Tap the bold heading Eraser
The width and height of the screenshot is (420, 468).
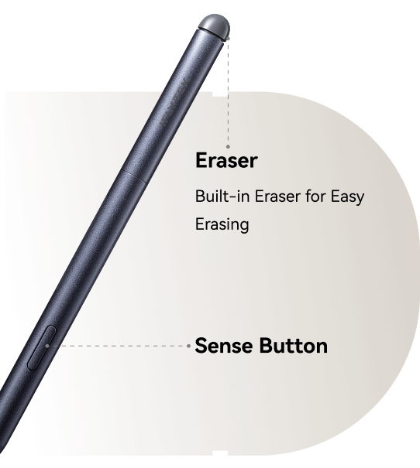pos(226,160)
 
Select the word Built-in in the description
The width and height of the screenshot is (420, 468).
pos(222,196)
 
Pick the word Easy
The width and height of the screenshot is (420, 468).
pos(347,197)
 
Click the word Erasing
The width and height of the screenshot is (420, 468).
pos(222,224)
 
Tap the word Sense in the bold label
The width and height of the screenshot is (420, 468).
pos(224,346)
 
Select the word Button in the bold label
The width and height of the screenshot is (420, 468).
pos(293,346)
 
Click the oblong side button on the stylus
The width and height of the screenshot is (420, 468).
pos(42,348)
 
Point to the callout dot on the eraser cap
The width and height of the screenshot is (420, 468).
pos(228,38)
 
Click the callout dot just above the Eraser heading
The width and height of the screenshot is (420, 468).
pos(228,146)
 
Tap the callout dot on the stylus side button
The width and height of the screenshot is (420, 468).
pos(47,346)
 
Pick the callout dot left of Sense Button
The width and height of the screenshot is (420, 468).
pos(188,346)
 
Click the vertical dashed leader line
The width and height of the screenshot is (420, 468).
pos(228,93)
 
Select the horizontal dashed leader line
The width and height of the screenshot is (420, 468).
pos(118,346)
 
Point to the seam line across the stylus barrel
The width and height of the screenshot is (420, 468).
pos(134,176)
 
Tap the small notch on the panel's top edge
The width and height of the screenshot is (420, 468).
pos(220,94)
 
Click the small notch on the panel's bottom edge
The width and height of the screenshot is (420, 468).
pos(220,453)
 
